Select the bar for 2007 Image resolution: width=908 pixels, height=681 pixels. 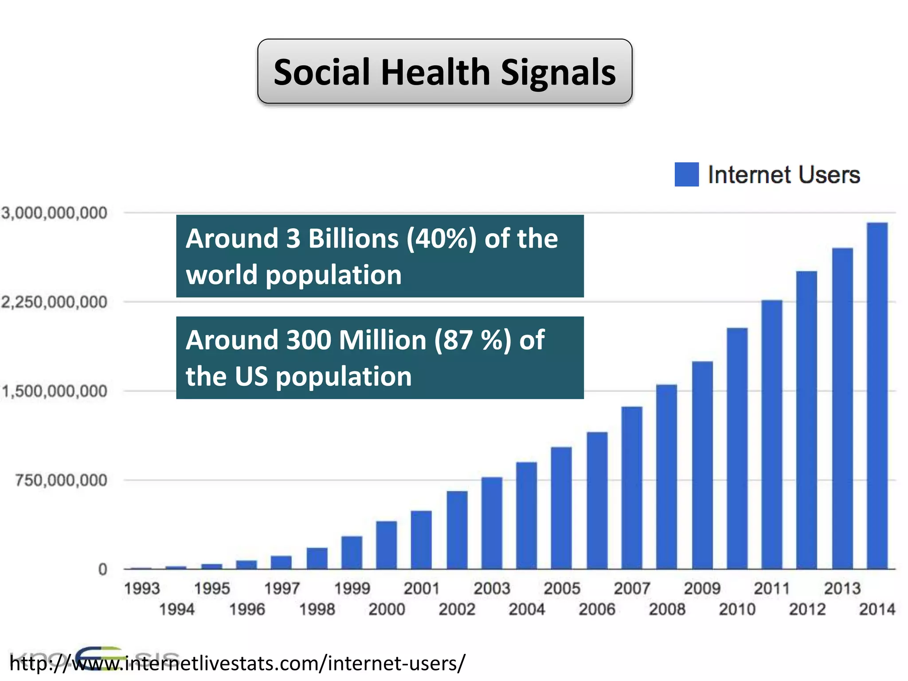(x=632, y=488)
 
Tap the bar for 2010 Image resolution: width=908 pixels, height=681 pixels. (x=737, y=448)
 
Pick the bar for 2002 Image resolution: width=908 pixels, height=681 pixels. (x=457, y=530)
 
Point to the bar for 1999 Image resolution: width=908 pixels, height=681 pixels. (x=352, y=552)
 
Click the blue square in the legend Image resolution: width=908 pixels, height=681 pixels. (x=686, y=174)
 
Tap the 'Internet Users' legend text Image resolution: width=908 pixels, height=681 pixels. (x=783, y=175)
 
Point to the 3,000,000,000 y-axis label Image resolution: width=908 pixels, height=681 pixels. (x=54, y=213)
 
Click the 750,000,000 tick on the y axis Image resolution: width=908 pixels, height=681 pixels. (x=61, y=480)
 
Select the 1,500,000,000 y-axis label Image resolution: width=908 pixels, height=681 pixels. (x=54, y=391)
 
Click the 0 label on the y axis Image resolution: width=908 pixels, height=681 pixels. (x=102, y=569)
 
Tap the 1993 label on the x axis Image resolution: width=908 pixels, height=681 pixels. (x=142, y=589)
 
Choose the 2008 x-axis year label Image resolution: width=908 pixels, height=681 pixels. (x=667, y=609)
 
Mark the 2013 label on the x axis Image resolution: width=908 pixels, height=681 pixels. (x=842, y=589)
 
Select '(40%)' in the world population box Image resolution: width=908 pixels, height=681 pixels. (x=442, y=239)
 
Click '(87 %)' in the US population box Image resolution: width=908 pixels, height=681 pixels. (x=473, y=340)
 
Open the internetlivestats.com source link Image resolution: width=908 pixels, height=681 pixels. (x=237, y=663)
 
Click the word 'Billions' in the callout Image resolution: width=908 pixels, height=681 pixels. (x=353, y=239)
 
